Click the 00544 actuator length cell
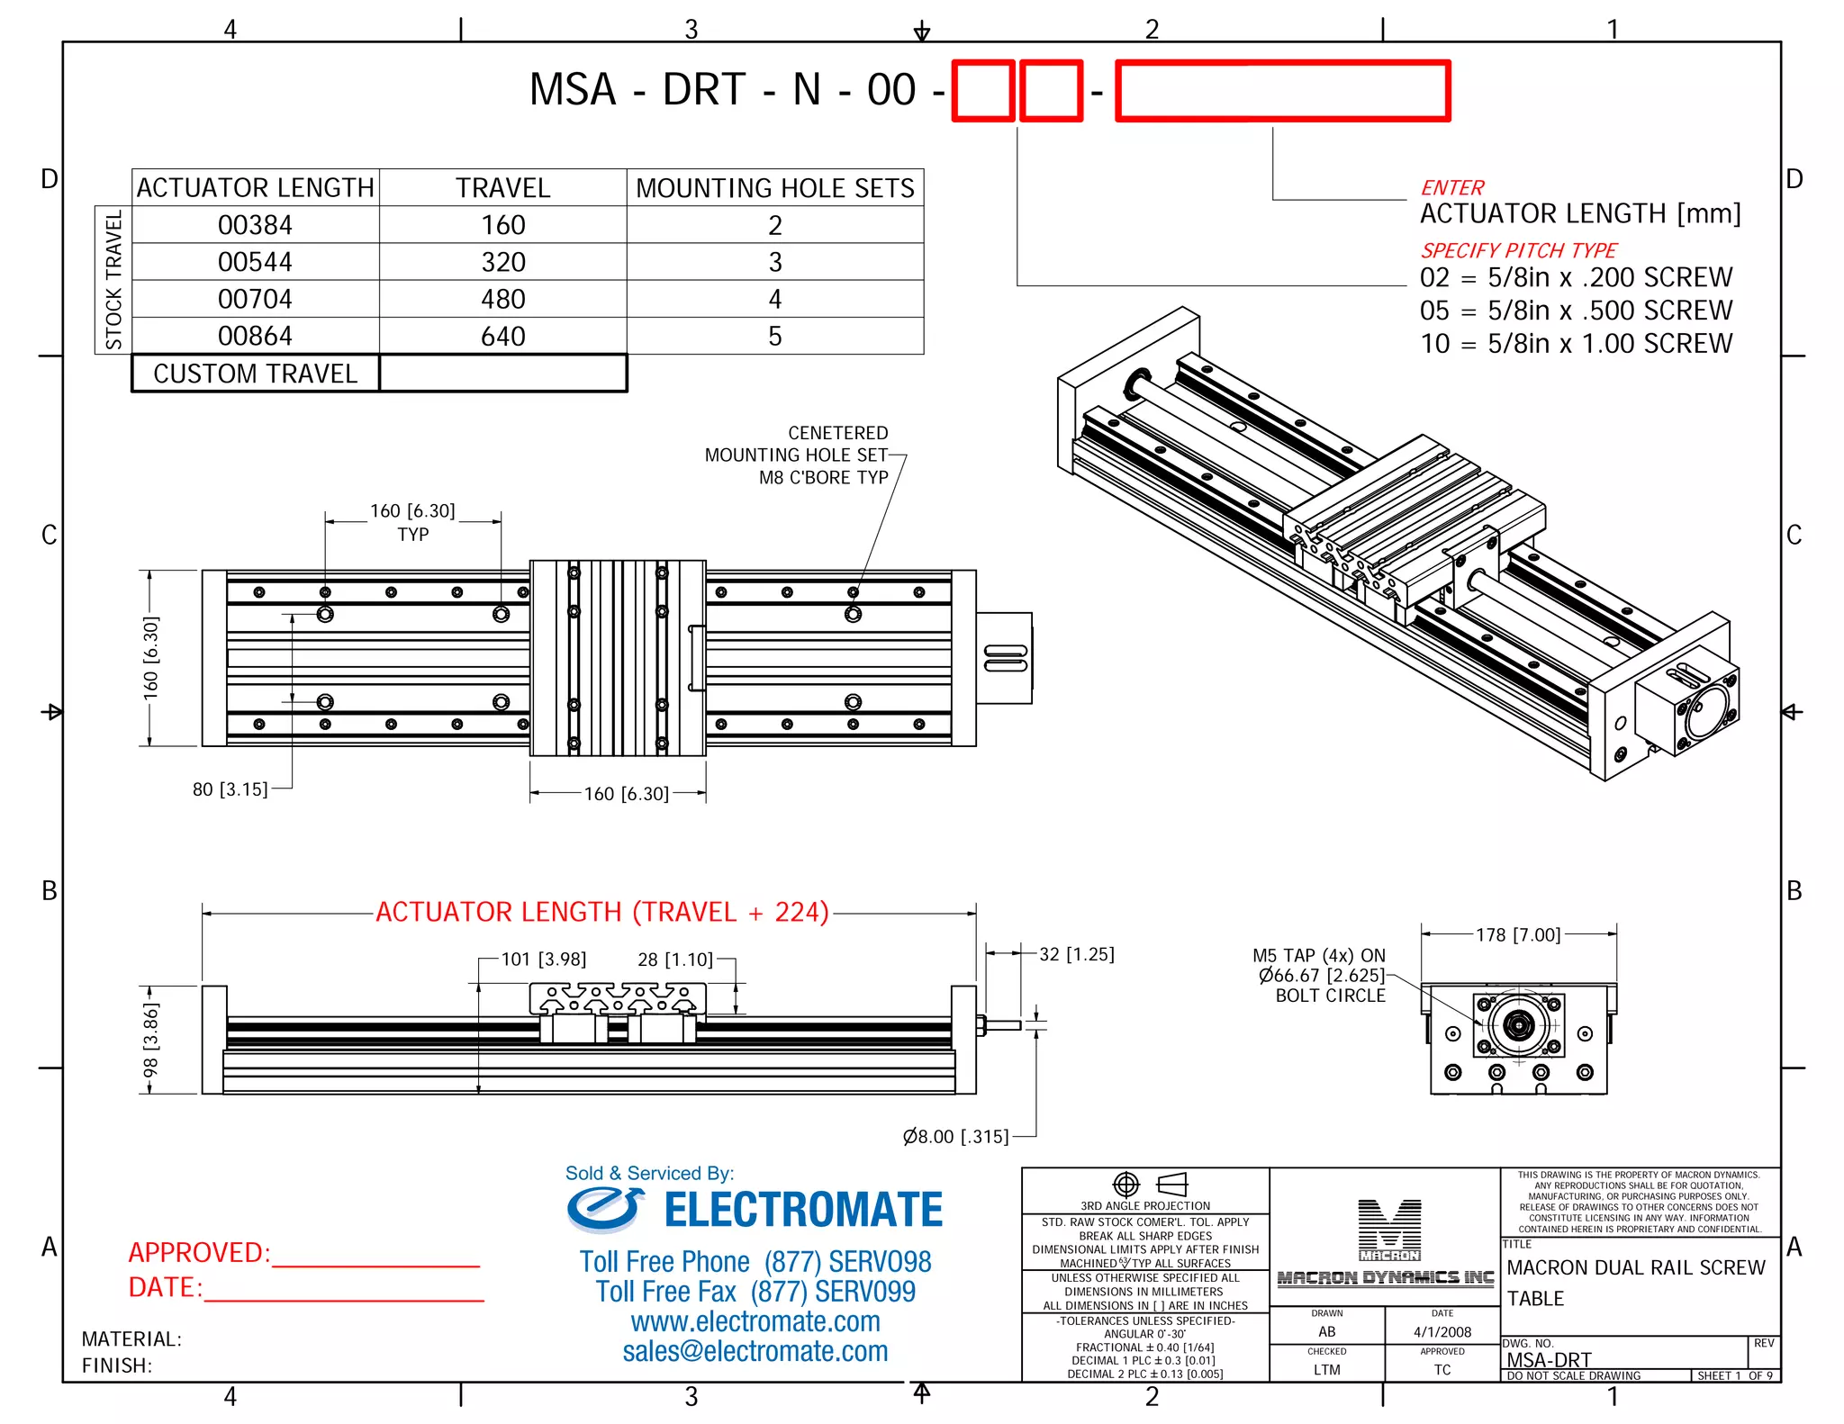[x=255, y=262]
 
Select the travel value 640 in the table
[x=502, y=336]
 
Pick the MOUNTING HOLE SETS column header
[x=774, y=188]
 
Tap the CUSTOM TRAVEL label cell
[x=255, y=374]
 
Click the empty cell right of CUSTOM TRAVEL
[x=502, y=374]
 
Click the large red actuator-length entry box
[x=1282, y=91]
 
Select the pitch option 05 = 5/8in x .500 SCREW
[x=1575, y=311]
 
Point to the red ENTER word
[x=1451, y=187]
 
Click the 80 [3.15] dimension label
[x=230, y=789]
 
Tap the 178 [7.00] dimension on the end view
[x=1517, y=934]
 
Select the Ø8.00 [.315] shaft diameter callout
[x=955, y=1136]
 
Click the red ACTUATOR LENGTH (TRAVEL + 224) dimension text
[x=601, y=912]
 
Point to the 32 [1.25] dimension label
[x=1076, y=954]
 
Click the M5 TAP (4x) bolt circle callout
[x=1320, y=975]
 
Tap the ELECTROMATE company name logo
[x=801, y=1210]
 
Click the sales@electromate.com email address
[x=755, y=1351]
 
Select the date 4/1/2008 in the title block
[x=1442, y=1332]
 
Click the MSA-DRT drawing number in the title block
[x=1549, y=1359]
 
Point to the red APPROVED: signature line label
[x=199, y=1252]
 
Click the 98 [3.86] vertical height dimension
[x=150, y=1040]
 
